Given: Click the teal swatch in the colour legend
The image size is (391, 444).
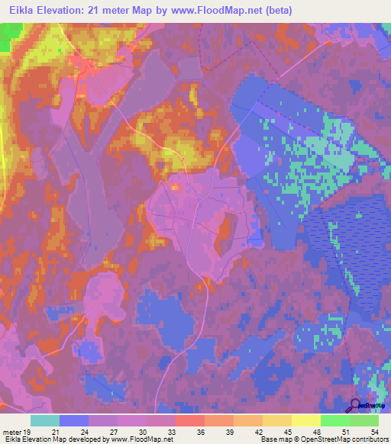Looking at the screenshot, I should tap(45, 420).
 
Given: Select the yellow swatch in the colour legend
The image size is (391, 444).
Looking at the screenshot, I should tap(306, 420).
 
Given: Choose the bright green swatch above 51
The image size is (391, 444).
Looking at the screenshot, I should tap(335, 420).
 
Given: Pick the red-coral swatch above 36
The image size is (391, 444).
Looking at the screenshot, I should tap(190, 420).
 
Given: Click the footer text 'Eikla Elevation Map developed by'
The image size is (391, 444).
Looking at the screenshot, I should tap(53, 439).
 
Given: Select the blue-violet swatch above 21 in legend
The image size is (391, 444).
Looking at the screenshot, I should tap(74, 420).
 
